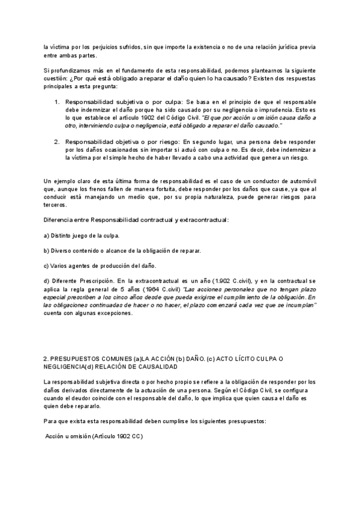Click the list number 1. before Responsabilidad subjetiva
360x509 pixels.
coord(57,102)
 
